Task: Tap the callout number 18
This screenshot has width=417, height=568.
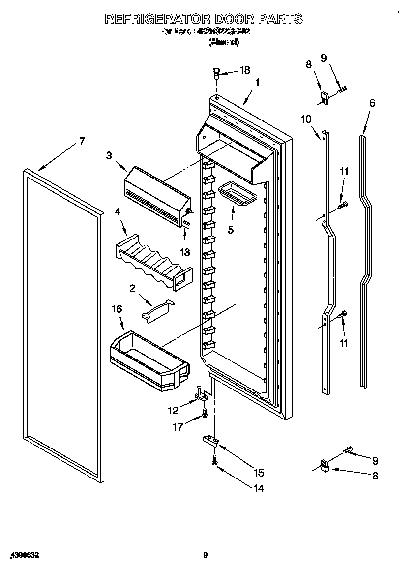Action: pos(244,70)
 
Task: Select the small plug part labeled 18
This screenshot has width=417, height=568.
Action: pos(215,73)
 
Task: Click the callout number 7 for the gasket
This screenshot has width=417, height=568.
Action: pos(82,142)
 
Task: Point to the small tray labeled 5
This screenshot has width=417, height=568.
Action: pos(237,192)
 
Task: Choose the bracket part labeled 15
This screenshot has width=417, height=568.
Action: pos(209,440)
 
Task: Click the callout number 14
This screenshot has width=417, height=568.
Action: pos(258,488)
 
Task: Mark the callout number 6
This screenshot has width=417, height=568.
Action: pos(372,103)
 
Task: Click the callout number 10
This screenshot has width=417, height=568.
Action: pos(306,119)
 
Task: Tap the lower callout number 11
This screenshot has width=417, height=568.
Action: pos(344,343)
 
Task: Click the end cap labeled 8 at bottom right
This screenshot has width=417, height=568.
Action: pos(325,465)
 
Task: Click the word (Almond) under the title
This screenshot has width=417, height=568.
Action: pos(224,42)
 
